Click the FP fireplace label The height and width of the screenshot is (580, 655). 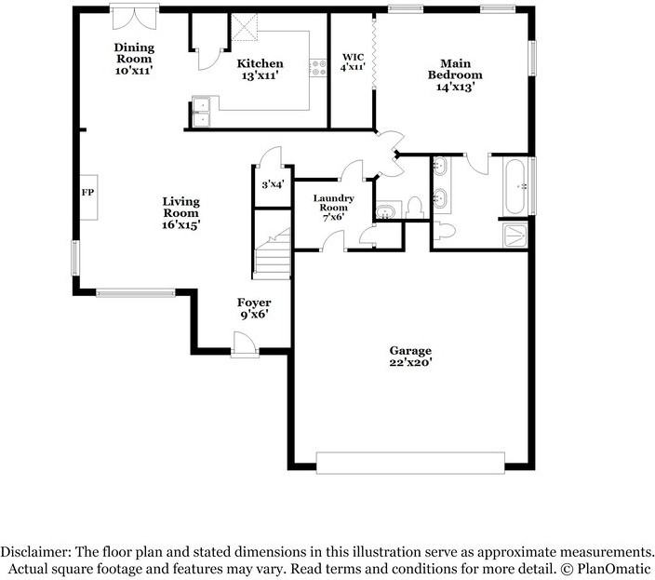pos(87,194)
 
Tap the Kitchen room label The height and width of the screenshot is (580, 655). pos(260,63)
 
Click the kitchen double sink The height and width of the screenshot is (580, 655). pos(202,112)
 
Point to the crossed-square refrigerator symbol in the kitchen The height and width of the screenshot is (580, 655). pos(245,27)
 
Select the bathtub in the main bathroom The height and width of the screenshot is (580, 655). pos(515,186)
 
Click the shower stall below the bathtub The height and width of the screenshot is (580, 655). pos(514,236)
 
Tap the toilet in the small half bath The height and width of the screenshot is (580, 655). pos(415,206)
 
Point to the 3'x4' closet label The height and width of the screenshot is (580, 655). pos(273,184)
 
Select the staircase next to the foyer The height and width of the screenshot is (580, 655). pos(273,257)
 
